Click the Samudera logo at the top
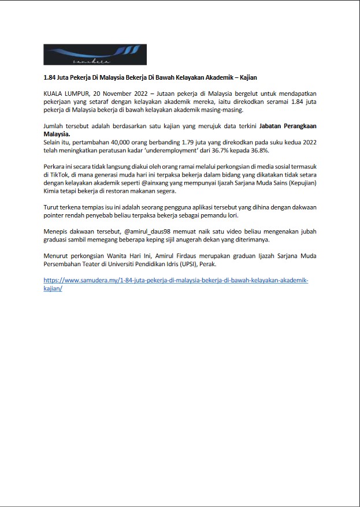95,55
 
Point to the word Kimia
53,191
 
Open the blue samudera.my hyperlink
176,280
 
